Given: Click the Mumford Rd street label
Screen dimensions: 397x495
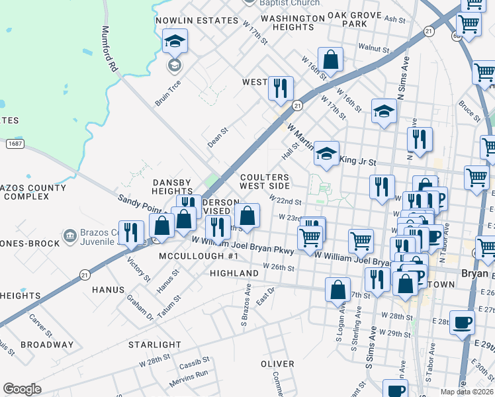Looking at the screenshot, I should point(109,50).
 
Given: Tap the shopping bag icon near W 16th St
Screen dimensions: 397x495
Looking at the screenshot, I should point(331,60).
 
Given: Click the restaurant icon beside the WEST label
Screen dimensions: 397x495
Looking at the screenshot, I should point(281,88).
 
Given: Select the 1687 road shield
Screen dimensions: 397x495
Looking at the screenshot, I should point(14,143).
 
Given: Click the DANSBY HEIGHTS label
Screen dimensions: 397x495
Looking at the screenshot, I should point(172,187).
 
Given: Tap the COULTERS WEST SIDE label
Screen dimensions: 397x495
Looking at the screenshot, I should point(265,182).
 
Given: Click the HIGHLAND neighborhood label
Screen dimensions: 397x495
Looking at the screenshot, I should point(234,273).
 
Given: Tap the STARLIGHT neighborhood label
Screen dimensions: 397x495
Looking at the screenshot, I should point(154,345).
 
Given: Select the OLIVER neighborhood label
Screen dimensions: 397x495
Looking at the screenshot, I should point(277,364).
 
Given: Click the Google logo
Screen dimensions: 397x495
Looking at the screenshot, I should point(22,389).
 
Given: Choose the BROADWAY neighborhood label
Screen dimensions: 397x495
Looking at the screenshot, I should point(47,345).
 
